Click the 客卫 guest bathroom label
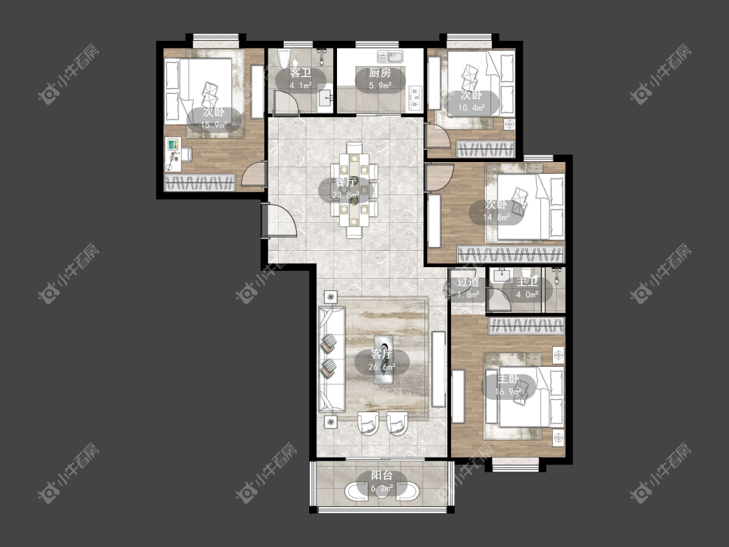point(300,73)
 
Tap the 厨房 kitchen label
point(380,73)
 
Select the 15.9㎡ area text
point(214,124)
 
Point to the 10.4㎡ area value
point(472,108)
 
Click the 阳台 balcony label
point(382,475)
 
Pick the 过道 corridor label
point(468,282)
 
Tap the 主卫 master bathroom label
point(527,282)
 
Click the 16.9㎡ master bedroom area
point(507,391)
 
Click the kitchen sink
point(390,57)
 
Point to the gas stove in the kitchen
point(415,99)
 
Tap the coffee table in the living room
point(384,359)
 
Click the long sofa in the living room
point(331,358)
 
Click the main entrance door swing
point(279,220)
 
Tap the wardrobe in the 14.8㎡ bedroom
point(511,254)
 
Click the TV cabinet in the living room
point(439,369)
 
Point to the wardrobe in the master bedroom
point(526,325)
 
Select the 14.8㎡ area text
point(496,216)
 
